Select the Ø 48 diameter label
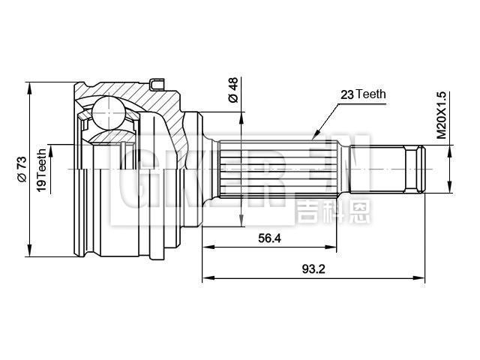tap(232, 89)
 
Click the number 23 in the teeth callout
tap(347, 94)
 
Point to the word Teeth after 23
tap(370, 94)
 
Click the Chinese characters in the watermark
tap(322, 210)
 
